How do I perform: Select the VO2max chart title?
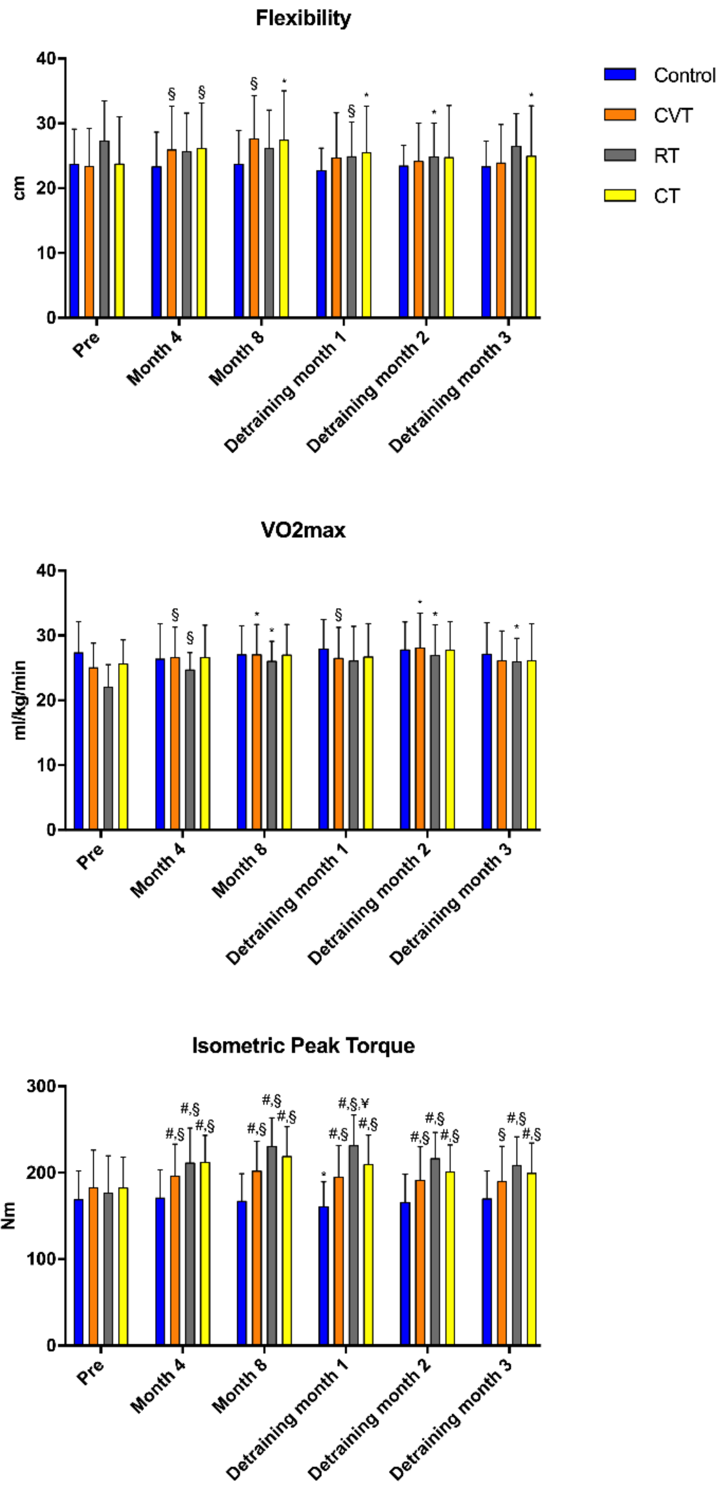coord(303,530)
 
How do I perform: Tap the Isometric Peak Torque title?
coord(303,1045)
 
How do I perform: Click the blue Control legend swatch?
coord(619,75)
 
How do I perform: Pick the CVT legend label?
coord(673,115)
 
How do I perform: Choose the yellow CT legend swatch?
coord(619,196)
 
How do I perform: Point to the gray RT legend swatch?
coord(619,155)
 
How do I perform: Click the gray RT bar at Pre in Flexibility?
coord(104,231)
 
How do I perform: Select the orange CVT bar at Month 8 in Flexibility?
coord(254,231)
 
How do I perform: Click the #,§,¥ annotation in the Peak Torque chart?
coord(354,1103)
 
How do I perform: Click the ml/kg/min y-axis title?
coord(20,700)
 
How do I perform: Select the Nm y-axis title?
coord(8,1215)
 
